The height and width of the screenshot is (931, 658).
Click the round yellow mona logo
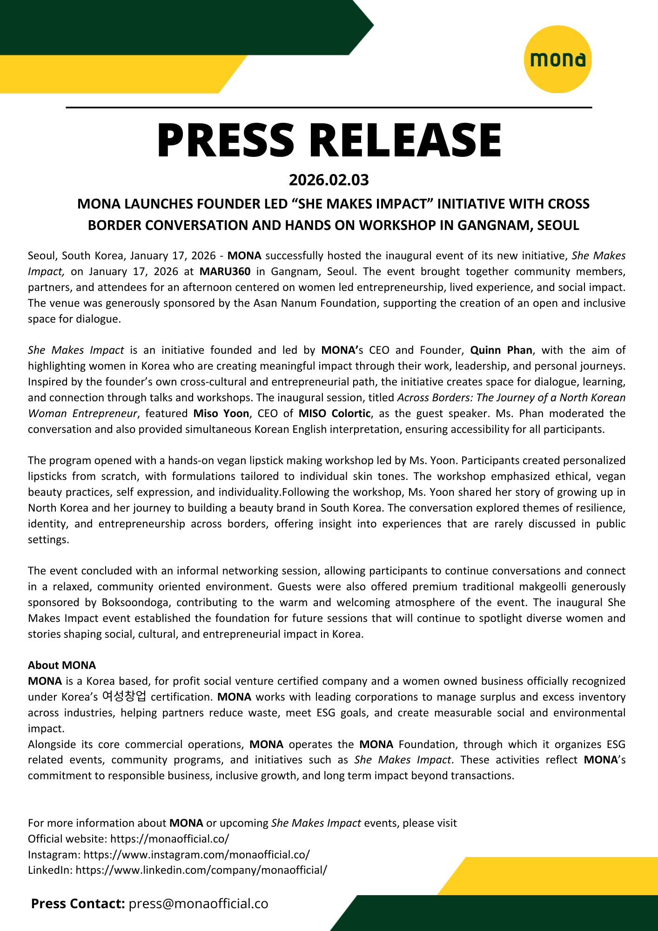(x=557, y=59)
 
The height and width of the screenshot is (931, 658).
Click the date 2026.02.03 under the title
(x=329, y=180)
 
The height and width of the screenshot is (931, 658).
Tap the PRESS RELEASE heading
(x=329, y=140)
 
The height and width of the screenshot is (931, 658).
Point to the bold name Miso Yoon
(x=221, y=413)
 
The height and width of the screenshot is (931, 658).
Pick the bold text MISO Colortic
(x=335, y=413)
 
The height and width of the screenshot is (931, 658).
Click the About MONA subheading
(x=62, y=665)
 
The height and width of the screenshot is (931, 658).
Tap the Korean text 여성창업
(x=124, y=696)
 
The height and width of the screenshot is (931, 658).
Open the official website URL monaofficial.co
(x=169, y=839)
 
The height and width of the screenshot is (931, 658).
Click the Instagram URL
(x=196, y=855)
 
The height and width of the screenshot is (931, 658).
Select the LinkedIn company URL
(x=201, y=870)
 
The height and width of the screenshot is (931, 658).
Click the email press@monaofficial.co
(x=199, y=904)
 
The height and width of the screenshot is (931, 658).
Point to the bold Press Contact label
(x=78, y=904)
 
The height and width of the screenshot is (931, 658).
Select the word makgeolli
(x=547, y=587)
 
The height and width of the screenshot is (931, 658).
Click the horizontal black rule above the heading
(x=329, y=108)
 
